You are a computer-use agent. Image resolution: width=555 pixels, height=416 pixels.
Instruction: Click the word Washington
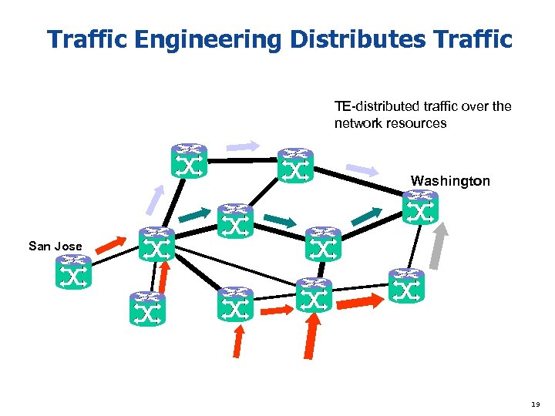point(449,181)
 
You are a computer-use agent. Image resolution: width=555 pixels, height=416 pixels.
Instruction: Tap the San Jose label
point(55,247)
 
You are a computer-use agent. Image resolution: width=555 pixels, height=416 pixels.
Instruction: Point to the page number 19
point(536,402)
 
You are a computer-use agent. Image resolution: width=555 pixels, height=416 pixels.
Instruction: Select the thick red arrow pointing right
point(359,300)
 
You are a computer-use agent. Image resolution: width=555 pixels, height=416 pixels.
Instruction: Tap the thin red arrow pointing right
point(276,309)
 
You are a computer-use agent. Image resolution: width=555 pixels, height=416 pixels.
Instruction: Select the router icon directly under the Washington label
point(419,208)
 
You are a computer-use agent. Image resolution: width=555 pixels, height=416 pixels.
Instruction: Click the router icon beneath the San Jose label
point(73,272)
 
